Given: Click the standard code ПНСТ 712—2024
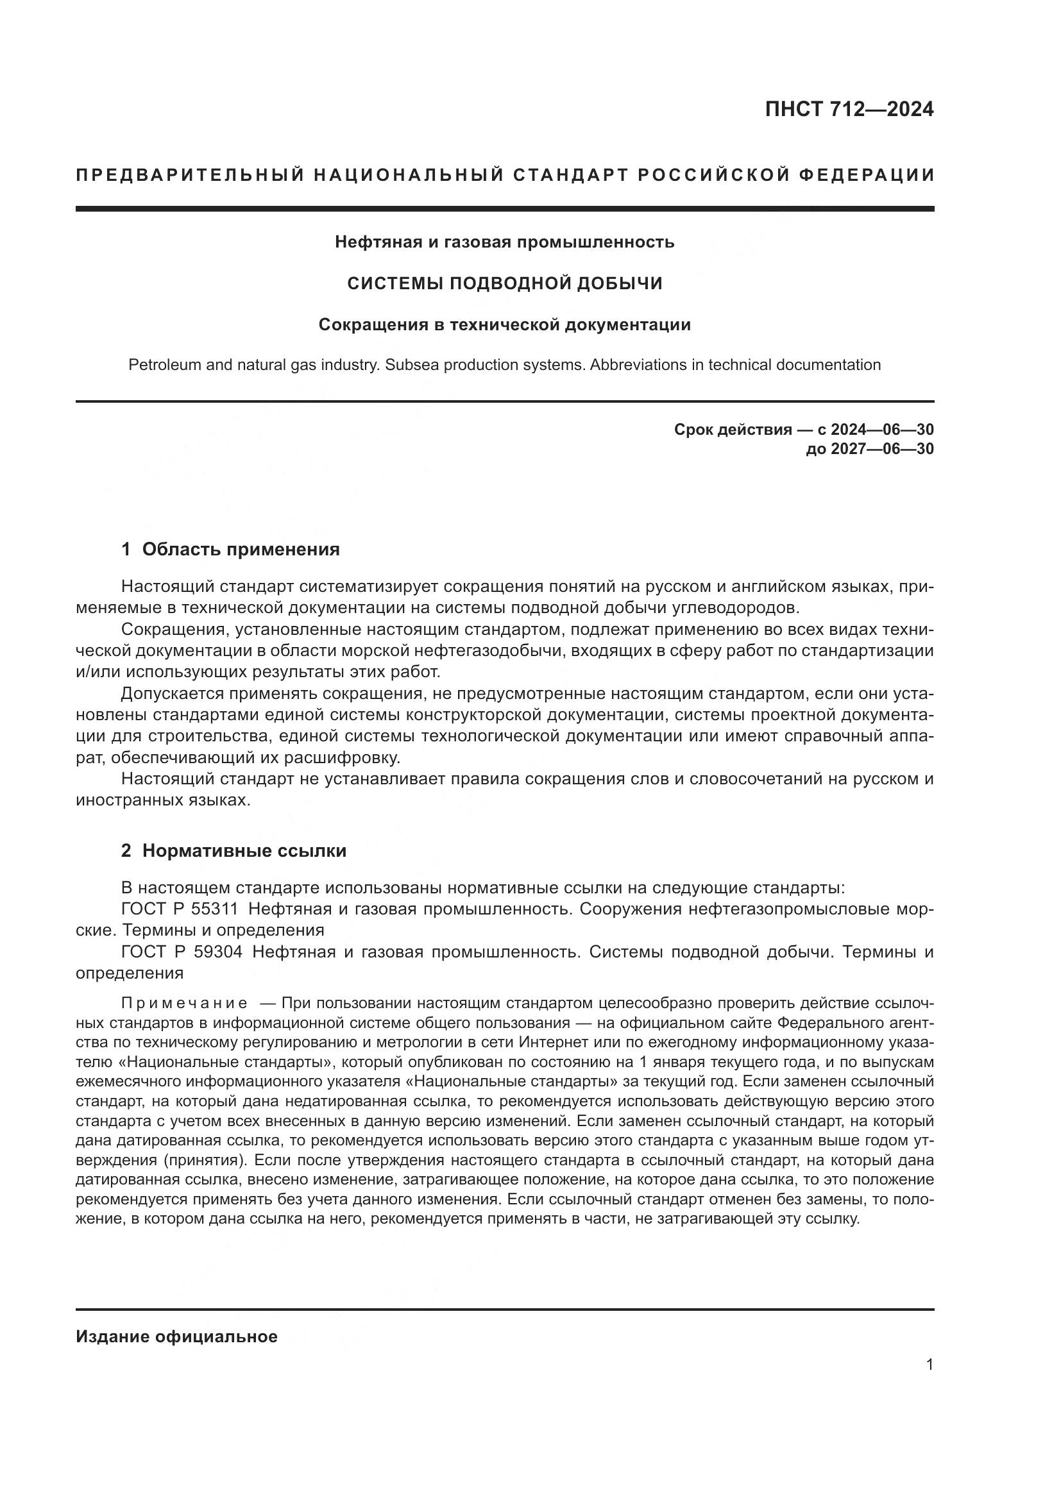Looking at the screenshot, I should click(849, 110).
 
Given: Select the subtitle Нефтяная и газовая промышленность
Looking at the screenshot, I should click(504, 242).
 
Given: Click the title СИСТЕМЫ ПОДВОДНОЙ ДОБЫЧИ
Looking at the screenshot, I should click(504, 283).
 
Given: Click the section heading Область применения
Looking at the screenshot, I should click(241, 550).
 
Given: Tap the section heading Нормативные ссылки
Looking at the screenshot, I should click(244, 851).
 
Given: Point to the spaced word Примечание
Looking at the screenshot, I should click(184, 1003).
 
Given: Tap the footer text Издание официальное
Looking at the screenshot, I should click(176, 1336).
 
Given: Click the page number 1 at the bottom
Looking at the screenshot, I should click(929, 1365).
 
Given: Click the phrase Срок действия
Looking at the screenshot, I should click(733, 429).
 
